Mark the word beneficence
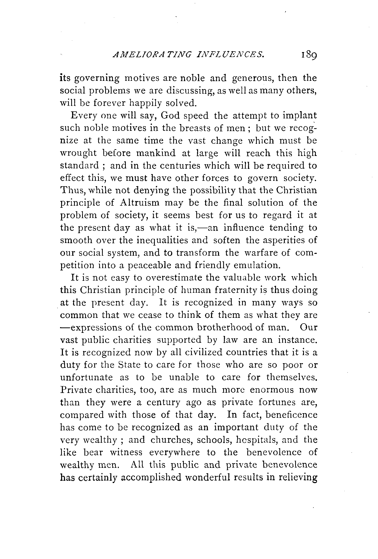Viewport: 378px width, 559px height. (292, 415)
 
